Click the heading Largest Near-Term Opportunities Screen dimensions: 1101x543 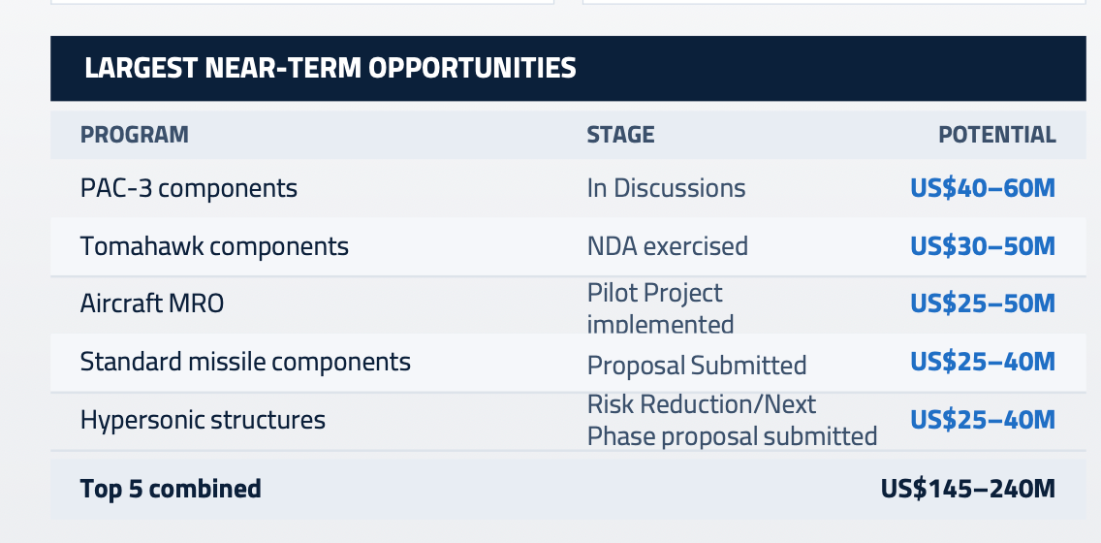(x=330, y=68)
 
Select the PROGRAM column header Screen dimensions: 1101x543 (x=134, y=135)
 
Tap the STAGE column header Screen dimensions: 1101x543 (x=620, y=135)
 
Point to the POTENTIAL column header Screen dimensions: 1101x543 (x=997, y=135)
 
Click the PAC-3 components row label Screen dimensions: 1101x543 (x=189, y=188)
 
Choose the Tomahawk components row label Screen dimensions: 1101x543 (x=214, y=246)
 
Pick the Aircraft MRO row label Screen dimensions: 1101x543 (x=151, y=303)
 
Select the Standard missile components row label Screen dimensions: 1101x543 (x=245, y=362)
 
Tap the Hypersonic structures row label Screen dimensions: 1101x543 (x=203, y=420)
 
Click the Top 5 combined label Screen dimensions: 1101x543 (x=171, y=489)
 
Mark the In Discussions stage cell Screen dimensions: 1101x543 (x=667, y=188)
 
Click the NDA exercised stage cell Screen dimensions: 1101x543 (x=668, y=246)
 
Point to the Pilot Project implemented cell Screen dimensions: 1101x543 (x=660, y=307)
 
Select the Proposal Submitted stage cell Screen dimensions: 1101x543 (x=697, y=366)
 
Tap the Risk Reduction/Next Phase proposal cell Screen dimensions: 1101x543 (x=733, y=420)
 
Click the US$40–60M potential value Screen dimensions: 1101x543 (x=983, y=188)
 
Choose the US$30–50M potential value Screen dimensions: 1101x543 (x=983, y=246)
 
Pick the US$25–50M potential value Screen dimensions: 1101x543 (x=983, y=303)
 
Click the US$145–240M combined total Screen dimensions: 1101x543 (x=968, y=489)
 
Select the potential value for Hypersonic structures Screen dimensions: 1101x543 (x=983, y=419)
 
